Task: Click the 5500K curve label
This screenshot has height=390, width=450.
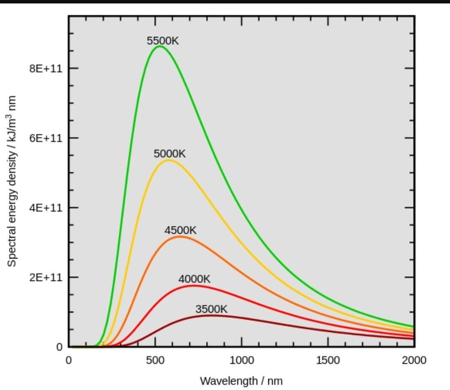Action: click(x=162, y=41)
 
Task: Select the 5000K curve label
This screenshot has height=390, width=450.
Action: click(x=170, y=154)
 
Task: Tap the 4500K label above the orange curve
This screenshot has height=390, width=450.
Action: click(x=180, y=230)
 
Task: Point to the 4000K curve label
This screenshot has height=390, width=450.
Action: click(x=194, y=279)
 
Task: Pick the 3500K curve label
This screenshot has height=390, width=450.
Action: click(x=211, y=309)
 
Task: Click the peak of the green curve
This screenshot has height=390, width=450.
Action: click(x=159, y=46)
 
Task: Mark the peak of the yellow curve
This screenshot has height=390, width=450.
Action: click(x=168, y=160)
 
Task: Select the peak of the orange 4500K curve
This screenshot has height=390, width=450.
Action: click(x=180, y=236)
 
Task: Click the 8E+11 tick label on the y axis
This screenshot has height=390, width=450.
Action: click(x=46, y=68)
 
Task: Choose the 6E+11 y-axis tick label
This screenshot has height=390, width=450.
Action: click(x=46, y=138)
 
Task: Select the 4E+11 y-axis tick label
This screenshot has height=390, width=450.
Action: click(x=46, y=208)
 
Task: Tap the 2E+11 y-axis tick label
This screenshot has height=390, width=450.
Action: click(x=46, y=277)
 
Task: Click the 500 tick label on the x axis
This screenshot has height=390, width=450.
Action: click(x=155, y=360)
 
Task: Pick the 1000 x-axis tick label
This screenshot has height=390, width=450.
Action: click(x=241, y=360)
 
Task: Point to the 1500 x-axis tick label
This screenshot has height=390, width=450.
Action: click(x=328, y=360)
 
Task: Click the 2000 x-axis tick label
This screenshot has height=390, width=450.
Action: click(x=414, y=360)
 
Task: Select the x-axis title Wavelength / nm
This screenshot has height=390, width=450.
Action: click(x=241, y=381)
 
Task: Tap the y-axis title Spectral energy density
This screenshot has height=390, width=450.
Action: click(x=12, y=181)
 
